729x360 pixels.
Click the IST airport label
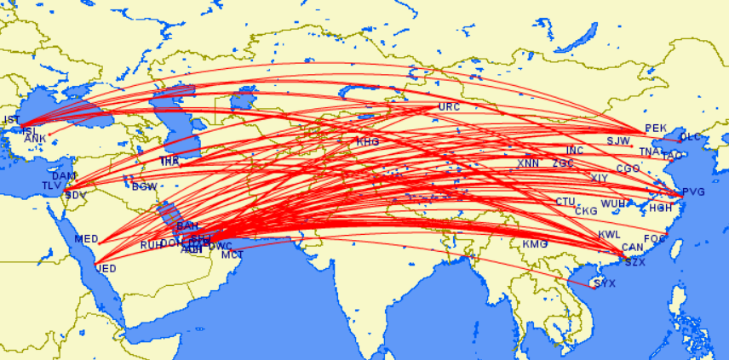point(12,120)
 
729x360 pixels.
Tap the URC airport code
point(449,107)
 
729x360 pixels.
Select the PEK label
point(655,129)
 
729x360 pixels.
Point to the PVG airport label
point(694,192)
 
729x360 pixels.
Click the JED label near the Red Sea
point(106,268)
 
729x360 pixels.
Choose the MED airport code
point(87,238)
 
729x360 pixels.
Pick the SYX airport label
point(604,283)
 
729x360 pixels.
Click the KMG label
point(535,244)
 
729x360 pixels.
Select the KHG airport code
point(368,141)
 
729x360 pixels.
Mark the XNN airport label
point(528,163)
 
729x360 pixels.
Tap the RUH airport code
point(151,245)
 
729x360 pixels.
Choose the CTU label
point(566,202)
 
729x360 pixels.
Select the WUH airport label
point(612,204)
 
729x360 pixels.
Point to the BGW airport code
point(145,186)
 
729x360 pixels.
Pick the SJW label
point(618,140)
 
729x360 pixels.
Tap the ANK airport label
point(35,138)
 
